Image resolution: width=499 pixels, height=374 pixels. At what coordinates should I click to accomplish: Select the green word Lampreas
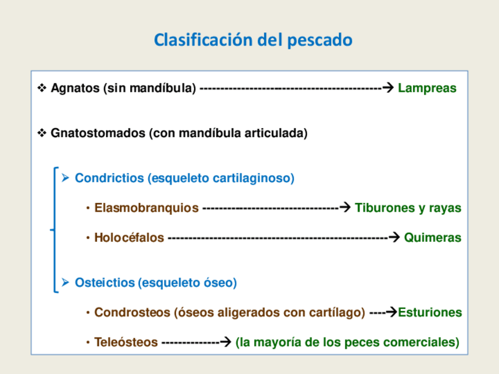(x=427, y=89)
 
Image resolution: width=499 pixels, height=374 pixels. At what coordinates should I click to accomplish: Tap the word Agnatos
(x=74, y=89)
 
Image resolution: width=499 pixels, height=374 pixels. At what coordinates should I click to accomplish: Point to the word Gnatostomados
(x=98, y=133)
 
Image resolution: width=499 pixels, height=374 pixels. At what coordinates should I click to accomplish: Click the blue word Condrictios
(x=109, y=178)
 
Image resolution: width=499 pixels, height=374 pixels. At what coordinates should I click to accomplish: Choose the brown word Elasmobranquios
(x=147, y=208)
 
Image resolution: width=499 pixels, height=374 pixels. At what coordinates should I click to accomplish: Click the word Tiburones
(x=384, y=208)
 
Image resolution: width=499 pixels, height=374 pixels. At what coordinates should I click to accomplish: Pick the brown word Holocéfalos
(x=129, y=238)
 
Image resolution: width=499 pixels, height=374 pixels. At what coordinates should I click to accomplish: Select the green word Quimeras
(x=433, y=238)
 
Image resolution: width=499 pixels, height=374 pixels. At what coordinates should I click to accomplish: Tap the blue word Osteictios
(x=105, y=283)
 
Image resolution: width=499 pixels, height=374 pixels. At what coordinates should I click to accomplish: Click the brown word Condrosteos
(x=133, y=312)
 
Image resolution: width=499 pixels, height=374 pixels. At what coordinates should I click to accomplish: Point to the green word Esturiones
(x=430, y=312)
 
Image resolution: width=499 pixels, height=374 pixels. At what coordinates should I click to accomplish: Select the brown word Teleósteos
(x=126, y=342)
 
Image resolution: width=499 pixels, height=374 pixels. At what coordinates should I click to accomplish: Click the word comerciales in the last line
(x=425, y=342)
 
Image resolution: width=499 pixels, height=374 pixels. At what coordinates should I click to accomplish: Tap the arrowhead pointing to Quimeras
(x=394, y=238)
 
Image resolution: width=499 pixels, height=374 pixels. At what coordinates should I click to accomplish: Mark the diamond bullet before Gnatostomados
(x=42, y=133)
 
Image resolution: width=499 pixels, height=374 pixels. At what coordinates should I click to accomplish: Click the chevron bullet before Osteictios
(x=66, y=283)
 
